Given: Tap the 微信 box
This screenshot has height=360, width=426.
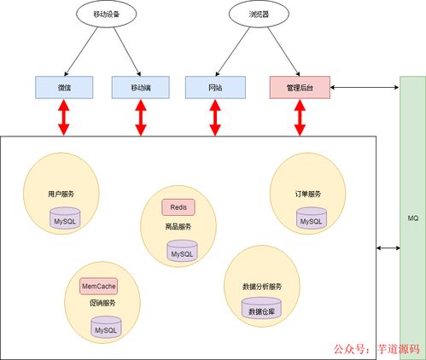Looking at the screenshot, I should tap(65, 87).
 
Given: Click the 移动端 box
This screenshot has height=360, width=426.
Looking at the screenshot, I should tap(141, 87).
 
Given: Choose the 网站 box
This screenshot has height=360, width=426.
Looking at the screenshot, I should tap(215, 87).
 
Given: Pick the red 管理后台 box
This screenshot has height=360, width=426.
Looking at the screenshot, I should tap(300, 87).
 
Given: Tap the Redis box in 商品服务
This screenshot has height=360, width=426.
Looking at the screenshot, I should tap(178, 207).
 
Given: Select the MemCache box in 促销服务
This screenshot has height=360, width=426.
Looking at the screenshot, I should tap(98, 286).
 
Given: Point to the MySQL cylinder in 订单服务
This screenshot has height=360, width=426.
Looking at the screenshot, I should tap(311, 219).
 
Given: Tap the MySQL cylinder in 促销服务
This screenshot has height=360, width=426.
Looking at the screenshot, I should tap(105, 328).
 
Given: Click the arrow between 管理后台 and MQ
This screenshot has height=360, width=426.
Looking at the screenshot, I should tap(364, 87).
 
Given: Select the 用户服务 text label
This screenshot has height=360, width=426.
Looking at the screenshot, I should tap(61, 195).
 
